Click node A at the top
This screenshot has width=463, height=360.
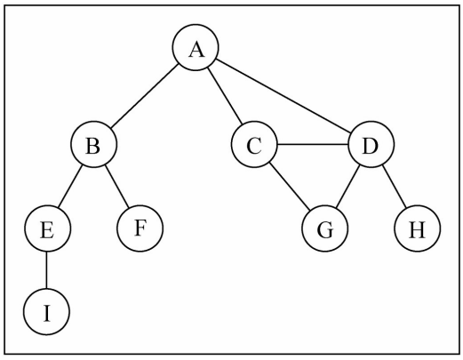click(x=196, y=50)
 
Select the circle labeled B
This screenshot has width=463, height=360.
click(x=92, y=146)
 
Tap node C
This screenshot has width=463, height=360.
click(x=254, y=146)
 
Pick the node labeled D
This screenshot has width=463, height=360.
click(x=371, y=146)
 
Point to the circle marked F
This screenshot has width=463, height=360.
click(x=140, y=228)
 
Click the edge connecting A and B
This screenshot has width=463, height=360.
click(x=144, y=98)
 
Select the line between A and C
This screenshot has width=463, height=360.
click(x=225, y=98)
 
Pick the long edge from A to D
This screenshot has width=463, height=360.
click(x=284, y=99)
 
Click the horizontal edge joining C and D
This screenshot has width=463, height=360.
click(x=312, y=146)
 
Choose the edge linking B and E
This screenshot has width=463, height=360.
click(x=69, y=188)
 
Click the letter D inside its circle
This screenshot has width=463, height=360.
click(x=371, y=146)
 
